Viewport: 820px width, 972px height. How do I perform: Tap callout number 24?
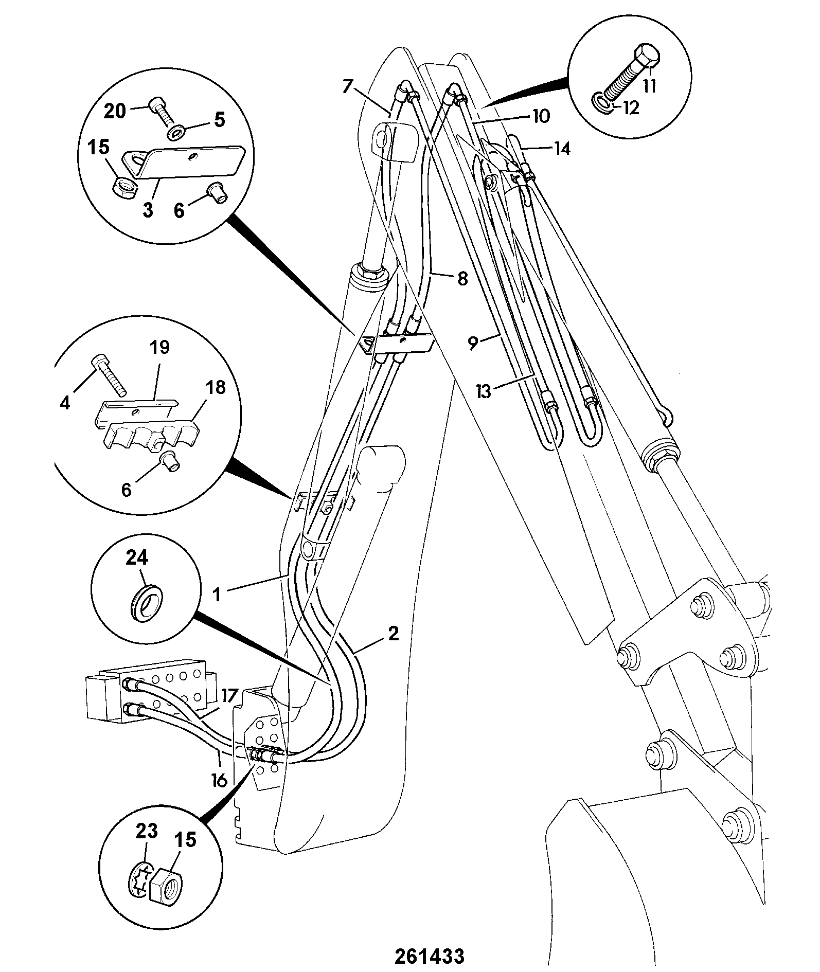(137, 557)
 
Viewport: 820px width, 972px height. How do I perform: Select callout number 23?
(146, 831)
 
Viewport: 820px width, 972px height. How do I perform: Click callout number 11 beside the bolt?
(650, 85)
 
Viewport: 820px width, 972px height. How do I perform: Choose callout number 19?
(160, 347)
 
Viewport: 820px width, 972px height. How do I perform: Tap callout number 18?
(217, 387)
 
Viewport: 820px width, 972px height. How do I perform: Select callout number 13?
(484, 391)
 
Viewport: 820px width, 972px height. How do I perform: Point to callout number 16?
(219, 780)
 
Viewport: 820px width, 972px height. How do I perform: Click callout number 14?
(562, 149)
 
